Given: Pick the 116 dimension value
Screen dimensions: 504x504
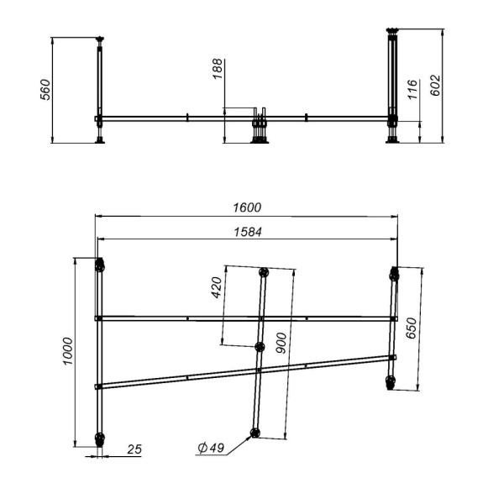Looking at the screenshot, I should click(x=412, y=90).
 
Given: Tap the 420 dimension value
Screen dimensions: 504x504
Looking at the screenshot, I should click(x=215, y=288).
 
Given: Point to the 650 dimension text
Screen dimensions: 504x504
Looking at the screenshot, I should click(x=412, y=327).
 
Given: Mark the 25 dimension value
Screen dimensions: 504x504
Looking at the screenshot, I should click(x=134, y=449).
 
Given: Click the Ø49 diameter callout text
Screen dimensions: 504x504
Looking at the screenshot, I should click(x=212, y=449).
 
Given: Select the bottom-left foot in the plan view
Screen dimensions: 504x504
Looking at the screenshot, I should click(x=100, y=438).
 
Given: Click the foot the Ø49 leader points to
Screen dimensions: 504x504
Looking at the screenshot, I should click(x=255, y=433).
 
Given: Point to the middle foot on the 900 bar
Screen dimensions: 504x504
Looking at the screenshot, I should click(x=260, y=346).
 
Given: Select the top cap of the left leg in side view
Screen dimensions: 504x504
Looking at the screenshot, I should click(x=101, y=39).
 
